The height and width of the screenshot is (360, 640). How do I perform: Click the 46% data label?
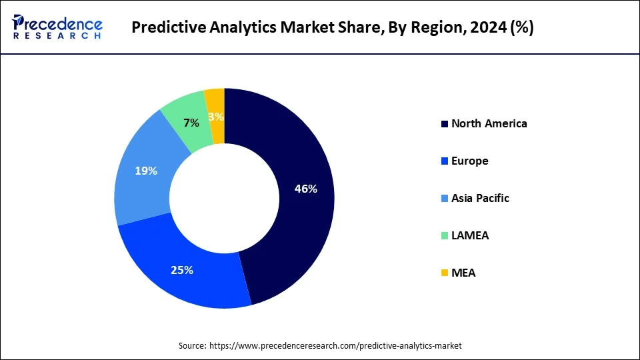pos(305,189)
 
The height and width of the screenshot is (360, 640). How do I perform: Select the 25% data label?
pos(181,270)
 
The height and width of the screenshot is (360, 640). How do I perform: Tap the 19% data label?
pos(145,171)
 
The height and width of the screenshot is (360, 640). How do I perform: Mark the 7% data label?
pos(191,123)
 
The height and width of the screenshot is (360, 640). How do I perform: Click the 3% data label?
pos(216,117)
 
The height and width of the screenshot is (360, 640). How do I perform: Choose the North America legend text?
pos(489,123)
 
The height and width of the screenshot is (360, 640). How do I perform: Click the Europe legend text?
pos(469,161)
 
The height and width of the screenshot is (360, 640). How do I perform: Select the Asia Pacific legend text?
pos(480,198)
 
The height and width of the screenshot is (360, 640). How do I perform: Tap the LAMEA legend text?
pos(469,235)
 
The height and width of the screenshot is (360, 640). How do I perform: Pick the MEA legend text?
pos(463,273)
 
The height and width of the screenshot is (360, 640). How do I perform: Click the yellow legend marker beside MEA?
pos(444,273)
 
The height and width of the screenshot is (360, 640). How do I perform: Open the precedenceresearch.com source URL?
pos(335,346)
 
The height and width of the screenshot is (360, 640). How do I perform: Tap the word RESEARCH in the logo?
pos(57,35)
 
